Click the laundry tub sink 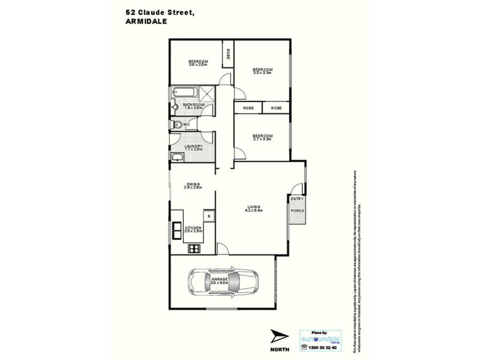pos(177,158)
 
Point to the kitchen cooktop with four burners pos(194,248)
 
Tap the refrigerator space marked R pos(209,217)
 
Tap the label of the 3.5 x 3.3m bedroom pos(263,71)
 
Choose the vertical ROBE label pos(228,54)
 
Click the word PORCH pos(297,211)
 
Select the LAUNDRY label pos(193,146)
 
